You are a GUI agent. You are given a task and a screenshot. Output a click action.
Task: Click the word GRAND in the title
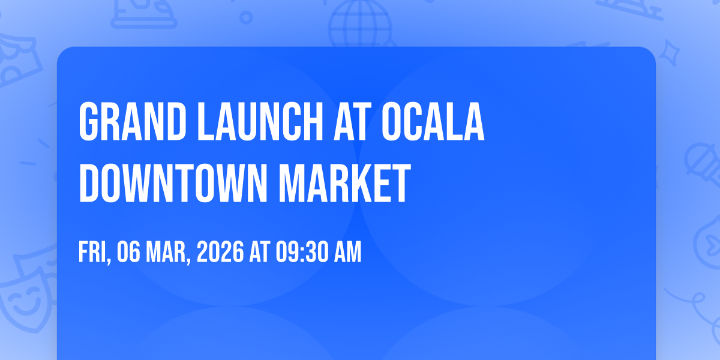[132, 121]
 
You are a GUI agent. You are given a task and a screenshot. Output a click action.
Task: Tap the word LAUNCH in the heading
[260, 121]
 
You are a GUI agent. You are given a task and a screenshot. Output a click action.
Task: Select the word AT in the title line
[353, 121]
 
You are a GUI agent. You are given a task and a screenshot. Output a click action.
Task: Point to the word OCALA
[433, 121]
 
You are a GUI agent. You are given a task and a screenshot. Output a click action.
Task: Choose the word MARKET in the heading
[345, 183]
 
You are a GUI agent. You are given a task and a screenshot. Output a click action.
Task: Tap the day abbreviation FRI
[95, 253]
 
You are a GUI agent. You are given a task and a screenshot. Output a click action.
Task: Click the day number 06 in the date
[128, 252]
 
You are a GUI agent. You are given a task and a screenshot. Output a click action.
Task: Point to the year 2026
[220, 252]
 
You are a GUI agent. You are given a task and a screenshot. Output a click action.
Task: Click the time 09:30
[302, 252]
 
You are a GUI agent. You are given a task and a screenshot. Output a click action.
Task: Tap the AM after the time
[348, 252]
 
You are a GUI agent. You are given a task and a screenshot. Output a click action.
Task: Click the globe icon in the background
[360, 23]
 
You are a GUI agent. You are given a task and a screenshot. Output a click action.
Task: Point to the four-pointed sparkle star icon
[670, 53]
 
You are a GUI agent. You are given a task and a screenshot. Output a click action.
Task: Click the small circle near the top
[246, 17]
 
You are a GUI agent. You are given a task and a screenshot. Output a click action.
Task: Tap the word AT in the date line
[260, 252]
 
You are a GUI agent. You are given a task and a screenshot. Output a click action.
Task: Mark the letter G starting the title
[88, 121]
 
